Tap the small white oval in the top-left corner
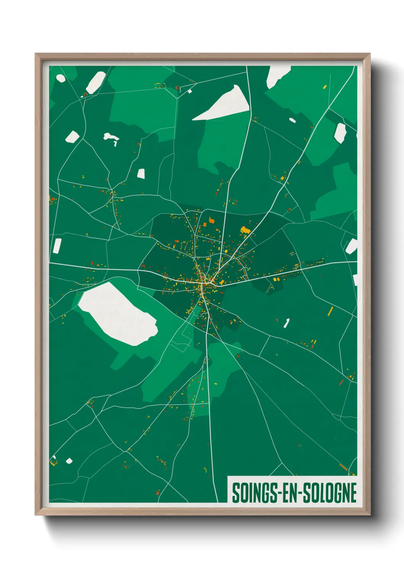point(60,78)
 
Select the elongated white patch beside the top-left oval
point(96,82)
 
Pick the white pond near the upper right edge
point(340,132)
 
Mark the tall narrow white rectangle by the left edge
point(57,246)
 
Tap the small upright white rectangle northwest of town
point(141,173)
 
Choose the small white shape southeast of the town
point(286,323)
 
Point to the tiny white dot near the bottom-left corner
point(69,461)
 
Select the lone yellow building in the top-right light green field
point(325,87)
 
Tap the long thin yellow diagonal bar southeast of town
point(330,311)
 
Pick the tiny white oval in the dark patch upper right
point(292,120)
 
